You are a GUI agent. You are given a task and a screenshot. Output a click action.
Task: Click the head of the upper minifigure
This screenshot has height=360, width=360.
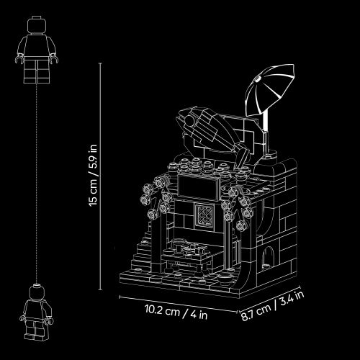[x=36, y=25]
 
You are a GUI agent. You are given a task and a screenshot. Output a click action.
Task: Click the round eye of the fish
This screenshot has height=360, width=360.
[x=190, y=120]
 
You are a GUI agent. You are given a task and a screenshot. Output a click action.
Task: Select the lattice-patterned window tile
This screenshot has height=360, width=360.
[x=204, y=215]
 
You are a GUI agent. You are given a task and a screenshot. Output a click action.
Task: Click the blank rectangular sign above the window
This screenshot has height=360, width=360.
[x=198, y=188]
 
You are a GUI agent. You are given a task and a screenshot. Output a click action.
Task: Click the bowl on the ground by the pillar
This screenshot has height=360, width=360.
[x=225, y=278]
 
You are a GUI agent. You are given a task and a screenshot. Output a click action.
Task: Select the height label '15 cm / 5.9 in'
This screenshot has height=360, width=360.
[x=93, y=175]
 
